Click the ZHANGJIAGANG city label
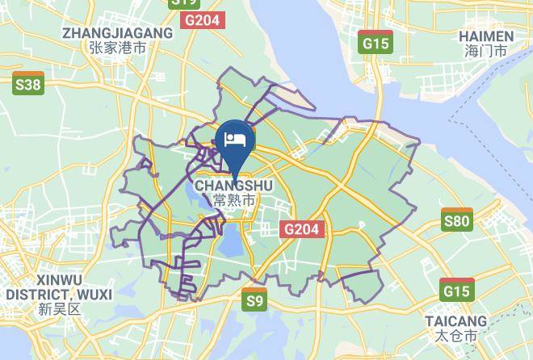[x=117, y=33]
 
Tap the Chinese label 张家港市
[x=117, y=48]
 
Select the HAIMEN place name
[x=485, y=36]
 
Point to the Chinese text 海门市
[x=485, y=51]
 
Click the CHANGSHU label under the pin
[x=234, y=186]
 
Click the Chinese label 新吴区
[x=59, y=309]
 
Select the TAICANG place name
[x=456, y=321]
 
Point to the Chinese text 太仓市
[x=456, y=336]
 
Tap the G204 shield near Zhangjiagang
[x=200, y=19]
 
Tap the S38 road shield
[x=29, y=83]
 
